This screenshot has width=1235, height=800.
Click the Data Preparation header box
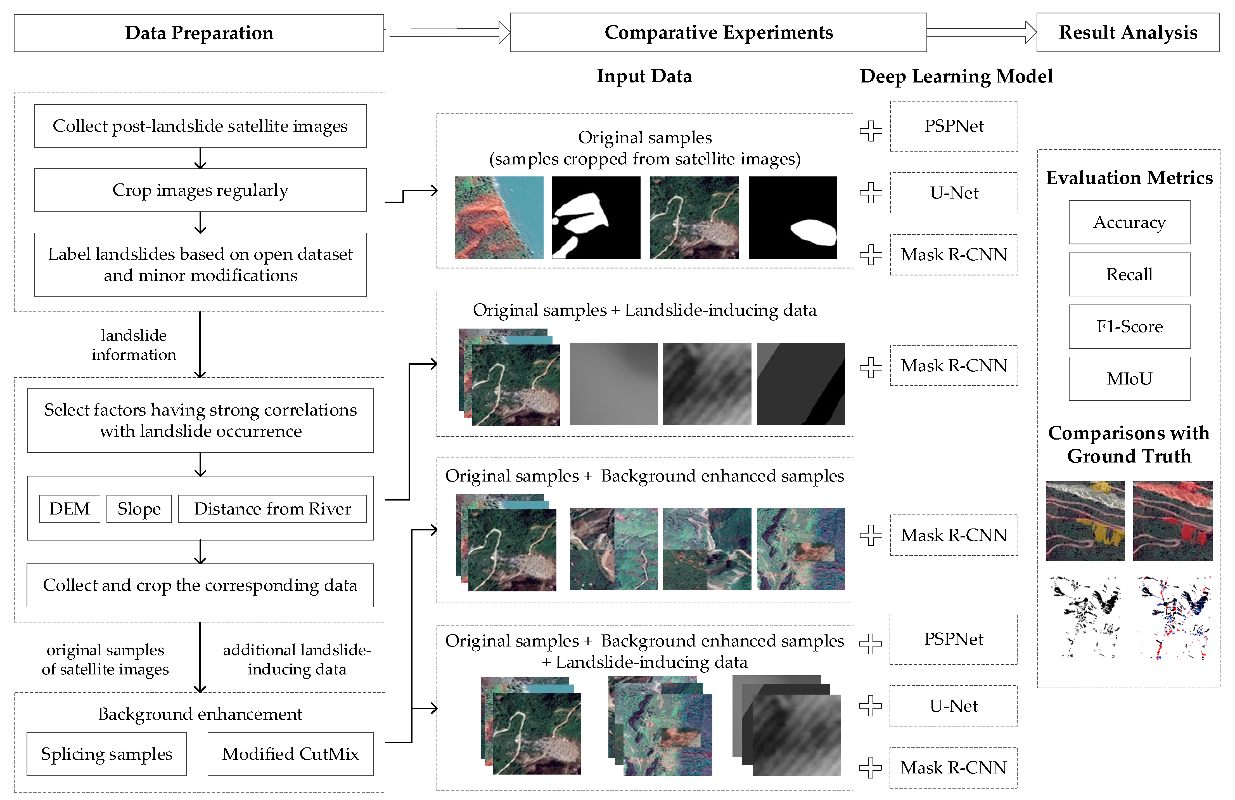199,33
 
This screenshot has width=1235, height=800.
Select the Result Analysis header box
1128,33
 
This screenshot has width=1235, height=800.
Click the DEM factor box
70,509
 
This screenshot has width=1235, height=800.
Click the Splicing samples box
106,754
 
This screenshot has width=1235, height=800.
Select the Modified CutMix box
290,754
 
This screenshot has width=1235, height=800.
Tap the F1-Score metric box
1129,327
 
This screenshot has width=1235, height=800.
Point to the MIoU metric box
1129,378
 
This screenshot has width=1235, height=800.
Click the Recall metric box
1129,274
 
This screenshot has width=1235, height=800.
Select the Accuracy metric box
1129,222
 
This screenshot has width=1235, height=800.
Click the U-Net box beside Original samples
954,193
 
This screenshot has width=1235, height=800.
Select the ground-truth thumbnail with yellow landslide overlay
1085,521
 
